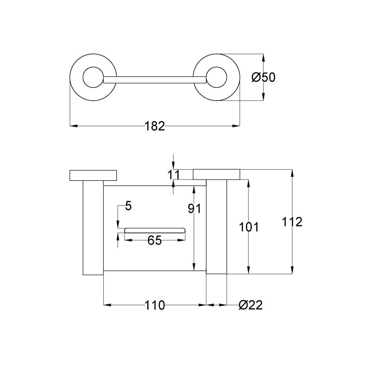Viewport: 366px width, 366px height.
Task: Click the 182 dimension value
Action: [x=155, y=126]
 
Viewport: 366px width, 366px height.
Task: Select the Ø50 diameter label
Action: [x=263, y=78]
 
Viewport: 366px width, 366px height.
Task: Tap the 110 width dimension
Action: [x=155, y=305]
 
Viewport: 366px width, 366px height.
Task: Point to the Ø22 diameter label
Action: [x=251, y=305]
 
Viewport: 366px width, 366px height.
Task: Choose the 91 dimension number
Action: [x=195, y=208]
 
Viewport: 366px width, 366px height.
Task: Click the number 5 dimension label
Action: [x=128, y=206]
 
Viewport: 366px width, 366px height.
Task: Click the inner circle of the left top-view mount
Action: [x=92, y=78]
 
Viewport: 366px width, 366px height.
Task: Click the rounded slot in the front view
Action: [x=154, y=230]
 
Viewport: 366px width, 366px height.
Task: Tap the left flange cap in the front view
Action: [x=93, y=175]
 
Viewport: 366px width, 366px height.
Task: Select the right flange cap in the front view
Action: [x=216, y=174]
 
